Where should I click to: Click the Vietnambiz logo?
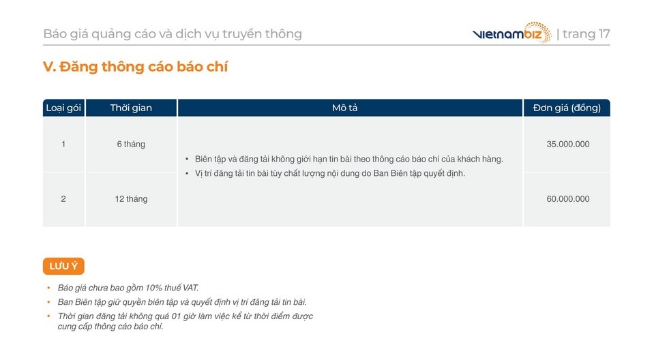511,33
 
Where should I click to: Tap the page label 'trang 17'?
586,34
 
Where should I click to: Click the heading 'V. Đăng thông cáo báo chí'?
135,67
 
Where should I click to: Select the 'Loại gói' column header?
63,108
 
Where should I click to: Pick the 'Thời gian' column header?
131,108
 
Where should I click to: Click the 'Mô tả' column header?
345,108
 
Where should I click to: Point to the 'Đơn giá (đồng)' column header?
567,108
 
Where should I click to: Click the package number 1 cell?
63,145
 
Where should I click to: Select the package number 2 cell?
63,199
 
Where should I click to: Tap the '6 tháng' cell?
131,145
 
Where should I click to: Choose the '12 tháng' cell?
131,199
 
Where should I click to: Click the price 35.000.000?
567,145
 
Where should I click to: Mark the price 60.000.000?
567,199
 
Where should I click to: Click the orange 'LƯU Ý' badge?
63,266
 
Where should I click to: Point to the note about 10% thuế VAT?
128,288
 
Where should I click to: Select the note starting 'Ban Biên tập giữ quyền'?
182,302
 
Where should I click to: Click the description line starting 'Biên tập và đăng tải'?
348,159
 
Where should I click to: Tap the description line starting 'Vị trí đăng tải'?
329,173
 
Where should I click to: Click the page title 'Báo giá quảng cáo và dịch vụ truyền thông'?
173,34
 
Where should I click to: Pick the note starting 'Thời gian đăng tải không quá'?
185,321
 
